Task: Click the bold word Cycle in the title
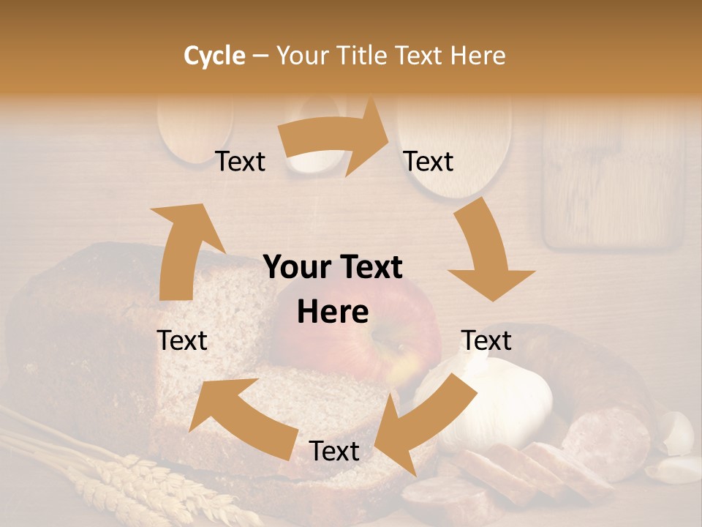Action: coord(214,56)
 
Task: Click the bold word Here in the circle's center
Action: coord(333,312)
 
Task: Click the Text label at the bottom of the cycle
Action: coord(334,451)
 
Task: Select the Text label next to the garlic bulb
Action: coord(486,340)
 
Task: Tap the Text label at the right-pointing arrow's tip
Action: coord(429,161)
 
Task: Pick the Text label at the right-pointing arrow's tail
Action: coord(241,161)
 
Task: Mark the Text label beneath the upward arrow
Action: coord(182,340)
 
